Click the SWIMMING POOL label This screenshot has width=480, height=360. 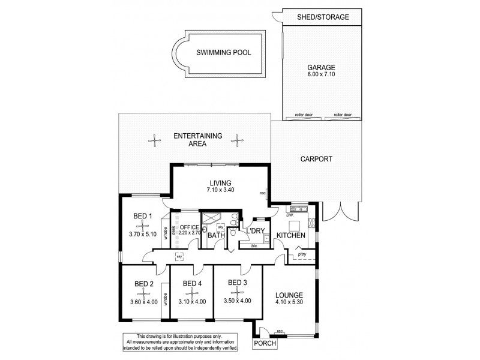[x=220, y=52]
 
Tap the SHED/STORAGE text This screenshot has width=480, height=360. [x=323, y=17]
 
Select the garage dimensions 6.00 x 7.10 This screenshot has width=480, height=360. [x=322, y=76]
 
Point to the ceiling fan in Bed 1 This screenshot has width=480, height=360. [x=142, y=226]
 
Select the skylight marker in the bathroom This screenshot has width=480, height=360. [x=220, y=227]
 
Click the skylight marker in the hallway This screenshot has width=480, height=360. [x=179, y=257]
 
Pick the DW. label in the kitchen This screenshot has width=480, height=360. [x=289, y=214]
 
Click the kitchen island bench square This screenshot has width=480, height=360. [x=294, y=226]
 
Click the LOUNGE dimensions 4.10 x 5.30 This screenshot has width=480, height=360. [x=289, y=303]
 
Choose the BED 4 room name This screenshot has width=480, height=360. [x=191, y=283]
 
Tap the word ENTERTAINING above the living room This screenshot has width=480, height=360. [x=198, y=136]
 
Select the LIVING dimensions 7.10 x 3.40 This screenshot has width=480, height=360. [x=220, y=190]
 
